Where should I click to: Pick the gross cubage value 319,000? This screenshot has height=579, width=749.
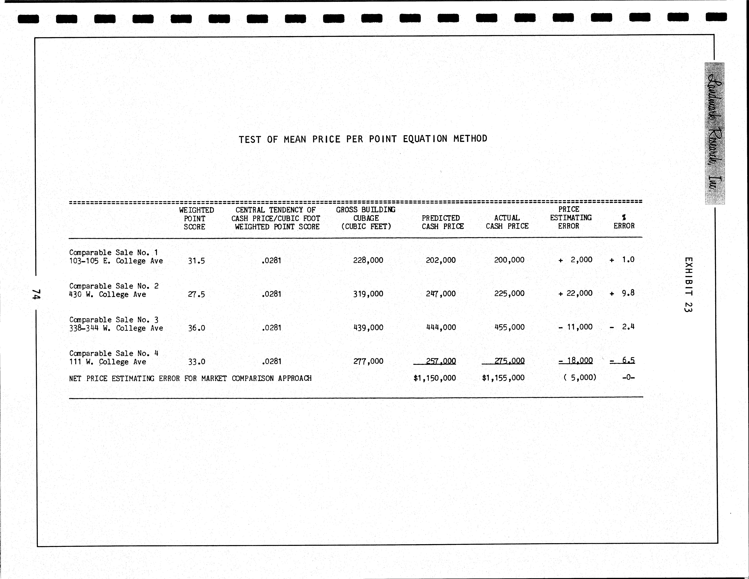(x=368, y=294)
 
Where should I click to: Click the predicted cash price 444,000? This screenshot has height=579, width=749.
(x=441, y=327)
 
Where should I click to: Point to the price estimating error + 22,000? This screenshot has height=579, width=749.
(x=575, y=293)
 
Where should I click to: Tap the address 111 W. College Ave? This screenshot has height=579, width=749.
(x=108, y=362)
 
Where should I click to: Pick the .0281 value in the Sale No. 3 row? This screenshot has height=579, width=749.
(x=271, y=328)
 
